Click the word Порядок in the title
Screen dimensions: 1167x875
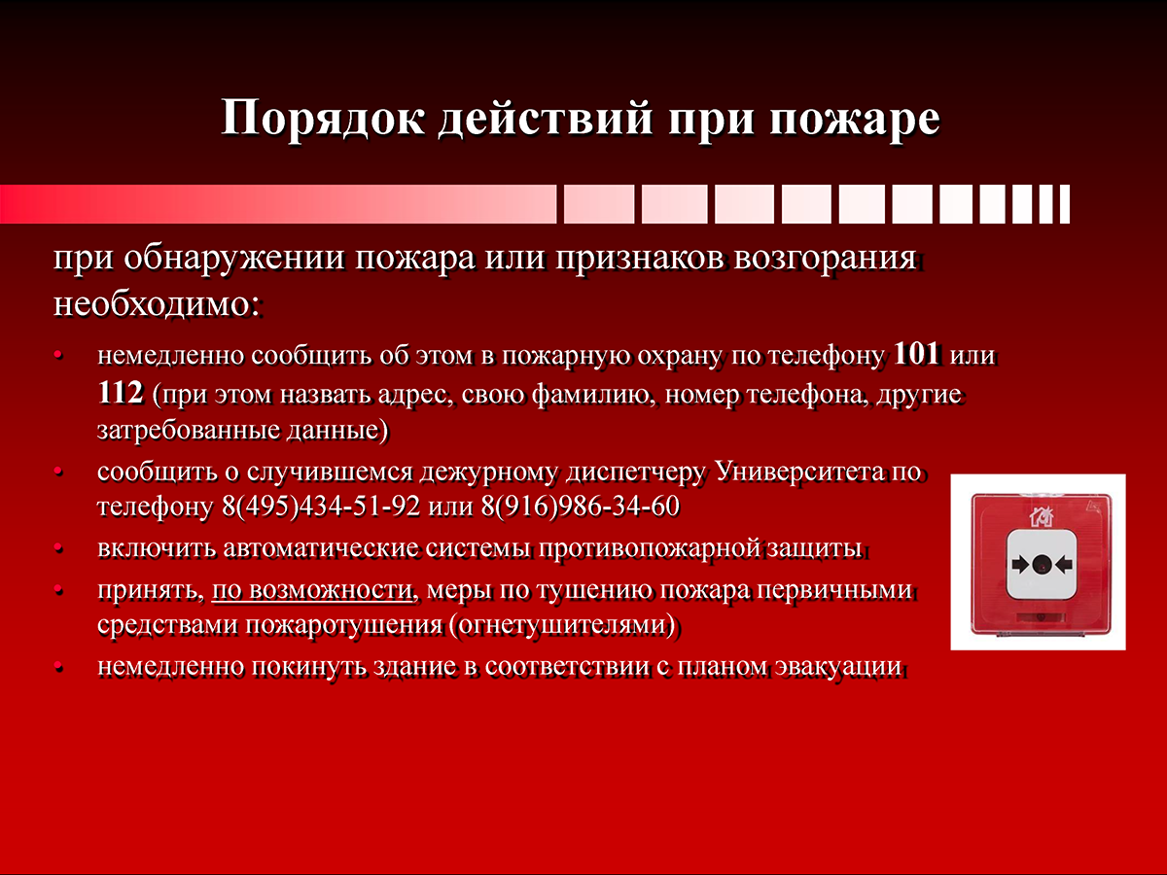pos(323,119)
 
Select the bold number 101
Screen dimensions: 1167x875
pos(916,353)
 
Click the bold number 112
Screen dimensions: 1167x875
pos(121,393)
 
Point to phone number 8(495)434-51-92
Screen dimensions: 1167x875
pos(321,506)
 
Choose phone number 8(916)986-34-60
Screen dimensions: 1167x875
pos(580,506)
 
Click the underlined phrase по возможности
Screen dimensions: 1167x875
pos(312,590)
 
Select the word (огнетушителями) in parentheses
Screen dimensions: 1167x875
pos(562,625)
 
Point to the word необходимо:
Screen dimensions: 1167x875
pos(157,304)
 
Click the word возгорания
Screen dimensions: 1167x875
pos(825,259)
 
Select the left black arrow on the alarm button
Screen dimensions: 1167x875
pos(1021,565)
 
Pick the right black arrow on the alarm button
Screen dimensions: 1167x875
pos(1063,565)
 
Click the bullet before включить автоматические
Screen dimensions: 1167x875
pos(58,548)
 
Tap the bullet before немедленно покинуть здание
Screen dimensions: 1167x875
pos(58,667)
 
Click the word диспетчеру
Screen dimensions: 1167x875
pos(635,472)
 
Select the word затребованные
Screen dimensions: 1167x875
pos(189,431)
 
